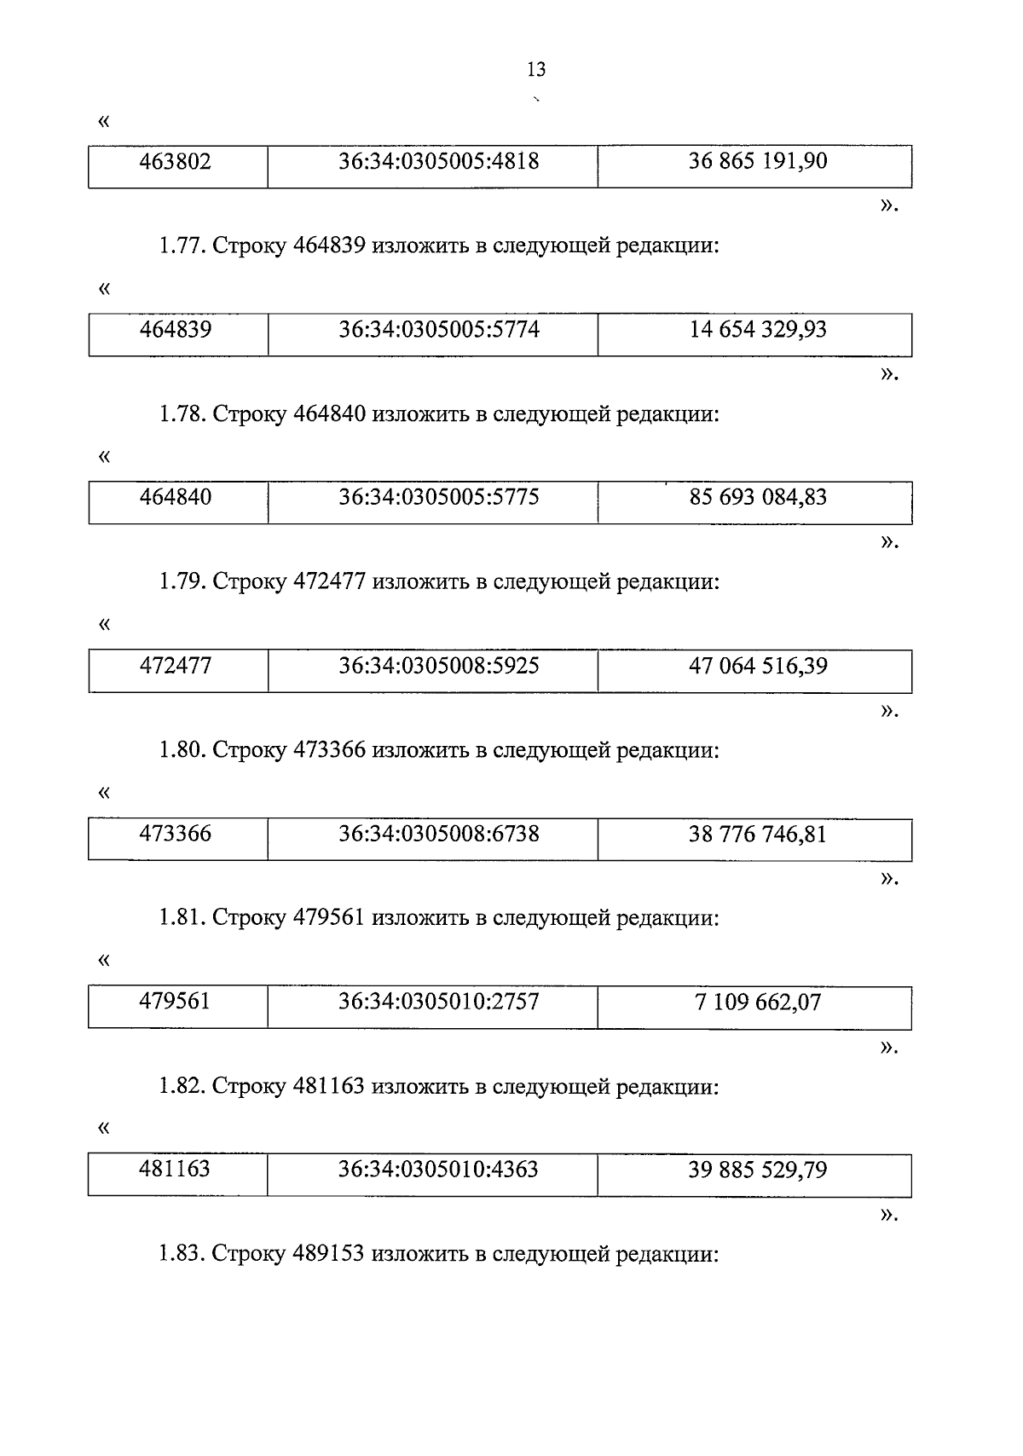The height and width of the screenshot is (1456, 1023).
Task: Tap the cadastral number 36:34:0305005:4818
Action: [x=438, y=161]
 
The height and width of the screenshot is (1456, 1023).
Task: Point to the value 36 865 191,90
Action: [x=757, y=161]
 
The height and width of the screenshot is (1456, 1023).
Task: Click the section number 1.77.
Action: [x=181, y=246]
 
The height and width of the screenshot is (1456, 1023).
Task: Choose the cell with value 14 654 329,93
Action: [x=757, y=330]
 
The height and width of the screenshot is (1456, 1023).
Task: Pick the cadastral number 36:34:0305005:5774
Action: [x=438, y=330]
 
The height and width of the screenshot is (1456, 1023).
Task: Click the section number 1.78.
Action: [x=181, y=414]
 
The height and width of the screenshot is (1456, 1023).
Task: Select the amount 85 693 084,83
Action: [x=757, y=497]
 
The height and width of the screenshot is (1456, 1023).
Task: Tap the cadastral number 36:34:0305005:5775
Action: [x=438, y=497]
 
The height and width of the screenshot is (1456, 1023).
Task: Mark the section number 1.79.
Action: [x=181, y=582]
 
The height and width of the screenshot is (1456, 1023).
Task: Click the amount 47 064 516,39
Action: [x=757, y=666]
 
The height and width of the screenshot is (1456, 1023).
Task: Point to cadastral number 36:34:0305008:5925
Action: [x=438, y=666]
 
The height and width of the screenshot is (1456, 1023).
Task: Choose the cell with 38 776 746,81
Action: [x=757, y=834]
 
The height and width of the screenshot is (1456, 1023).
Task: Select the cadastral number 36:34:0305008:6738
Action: [x=438, y=834]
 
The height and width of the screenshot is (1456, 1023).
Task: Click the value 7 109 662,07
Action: [x=757, y=1002]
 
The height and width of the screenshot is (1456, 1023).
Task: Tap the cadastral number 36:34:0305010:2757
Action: [x=438, y=1002]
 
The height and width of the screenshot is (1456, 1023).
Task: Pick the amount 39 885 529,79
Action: [x=757, y=1170]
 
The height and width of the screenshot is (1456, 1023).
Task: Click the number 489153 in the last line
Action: [x=328, y=1254]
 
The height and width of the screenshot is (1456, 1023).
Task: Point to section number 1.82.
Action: [x=181, y=1087]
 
